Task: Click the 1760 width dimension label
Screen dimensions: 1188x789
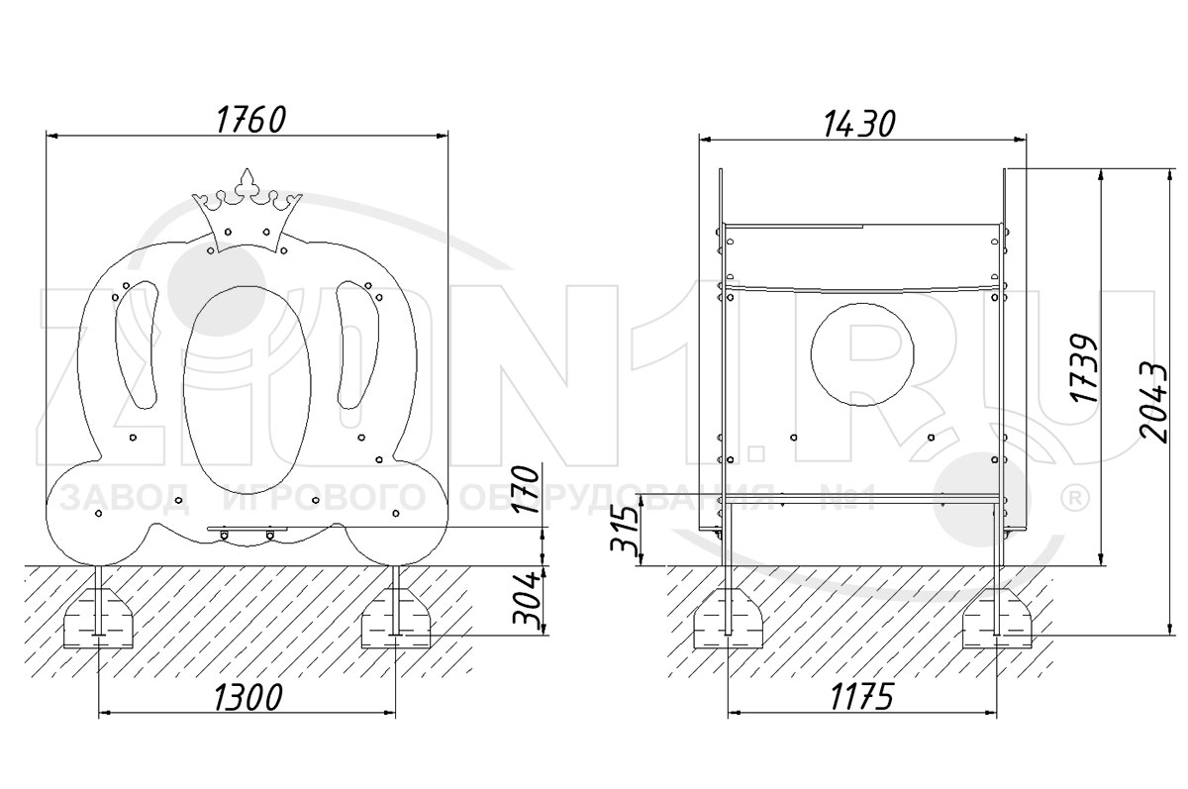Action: click(251, 120)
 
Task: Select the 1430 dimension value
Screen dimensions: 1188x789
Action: click(859, 124)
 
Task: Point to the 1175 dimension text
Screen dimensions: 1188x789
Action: click(862, 697)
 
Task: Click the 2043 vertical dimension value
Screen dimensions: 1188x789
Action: click(1154, 403)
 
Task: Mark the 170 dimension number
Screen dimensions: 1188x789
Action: click(526, 489)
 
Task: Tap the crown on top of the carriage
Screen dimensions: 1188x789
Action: click(247, 212)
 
